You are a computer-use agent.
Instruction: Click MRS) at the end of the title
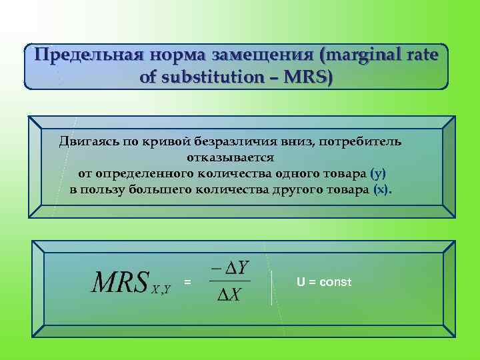click(308, 77)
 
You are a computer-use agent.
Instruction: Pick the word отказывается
click(227, 157)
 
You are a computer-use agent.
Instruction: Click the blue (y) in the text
click(378, 173)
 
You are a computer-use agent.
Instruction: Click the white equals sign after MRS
click(187, 283)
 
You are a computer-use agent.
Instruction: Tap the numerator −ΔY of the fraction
click(230, 268)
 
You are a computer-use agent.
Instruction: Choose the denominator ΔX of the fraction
click(230, 295)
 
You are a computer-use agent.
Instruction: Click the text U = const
click(323, 282)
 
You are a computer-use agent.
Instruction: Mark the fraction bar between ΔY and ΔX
click(230, 281)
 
